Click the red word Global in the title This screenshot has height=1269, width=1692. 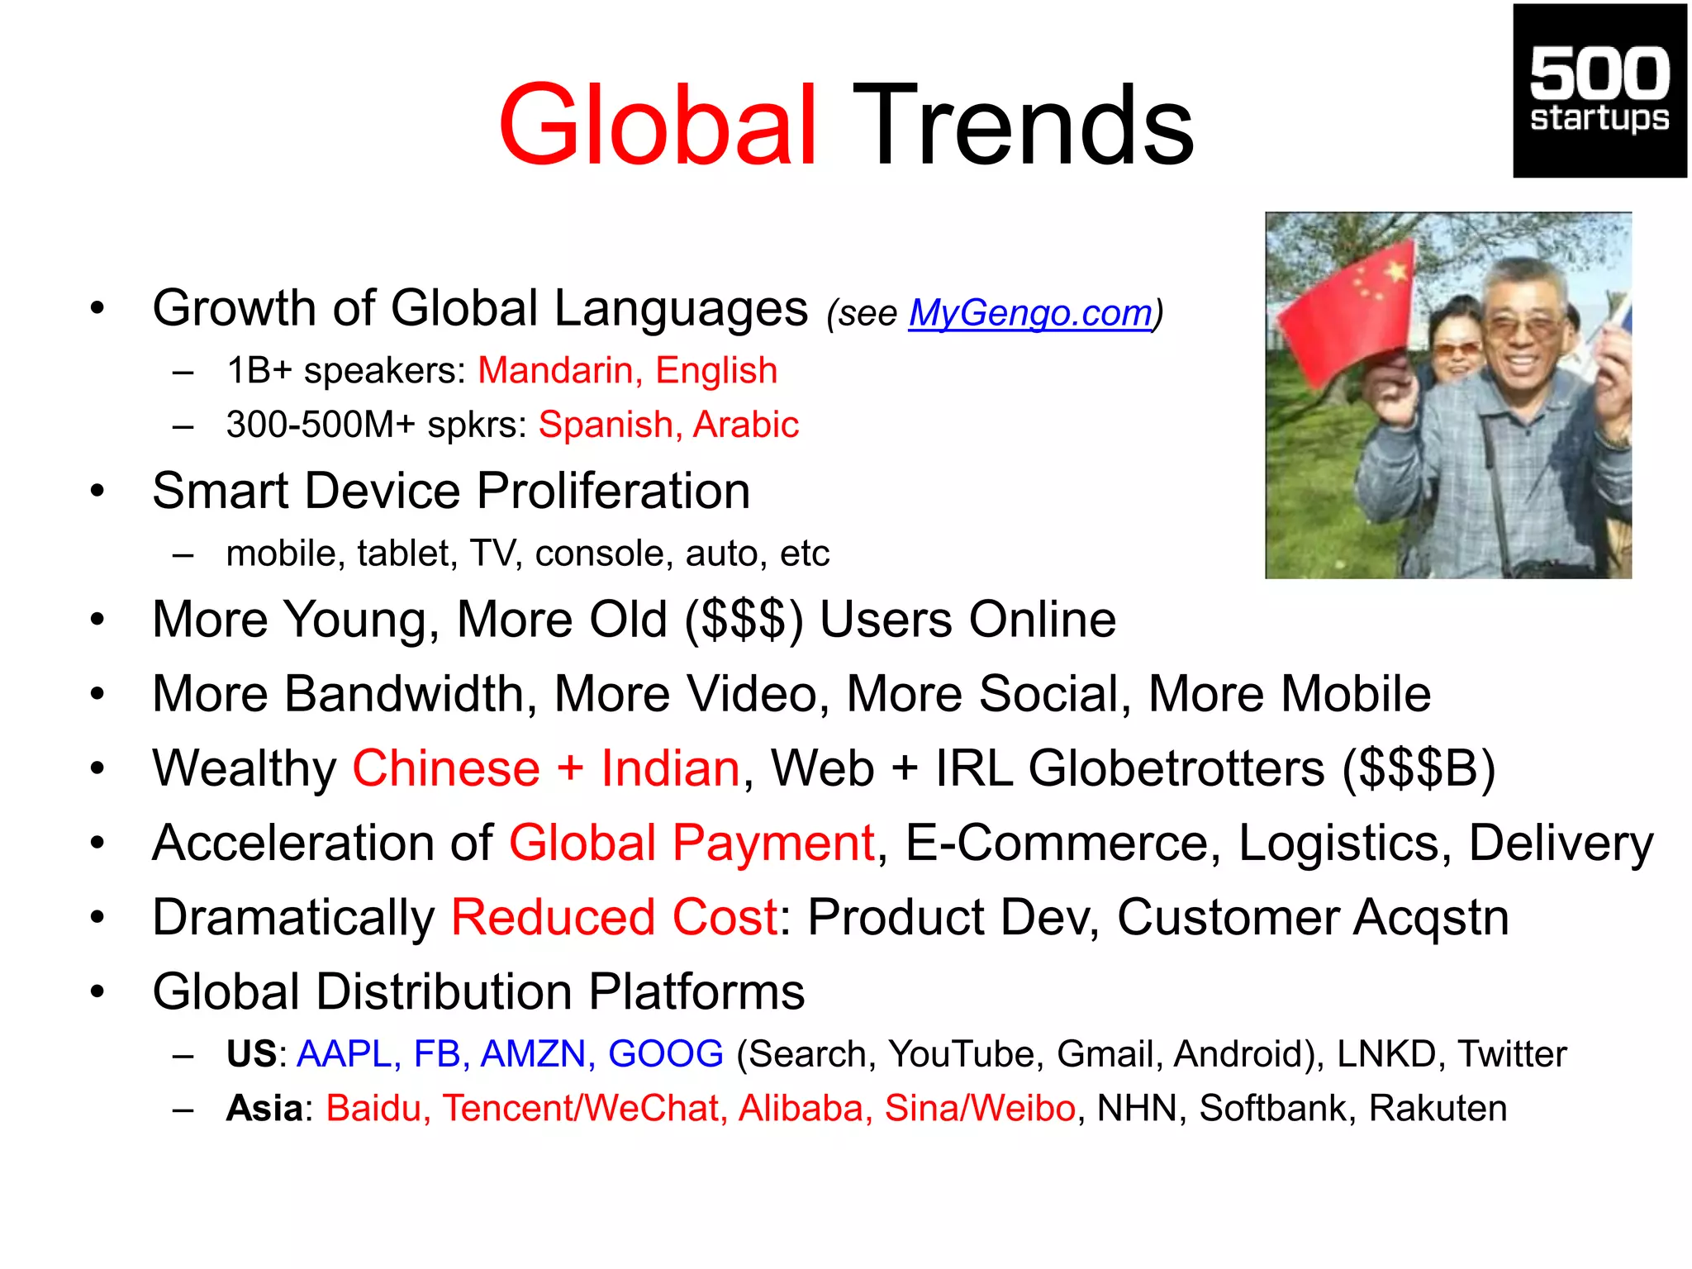pos(657,126)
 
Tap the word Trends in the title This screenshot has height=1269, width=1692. pos(1023,126)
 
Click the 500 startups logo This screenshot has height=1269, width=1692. pos(1599,91)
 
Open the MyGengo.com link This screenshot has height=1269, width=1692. pos(1030,313)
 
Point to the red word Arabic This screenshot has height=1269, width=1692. pos(745,425)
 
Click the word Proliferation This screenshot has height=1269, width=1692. pos(614,491)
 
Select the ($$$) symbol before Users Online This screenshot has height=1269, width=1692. pos(744,620)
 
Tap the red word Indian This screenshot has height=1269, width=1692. pos(670,768)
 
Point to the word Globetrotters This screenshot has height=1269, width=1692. pos(1176,768)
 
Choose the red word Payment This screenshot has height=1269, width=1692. pos(773,844)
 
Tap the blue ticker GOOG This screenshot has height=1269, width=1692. pos(665,1054)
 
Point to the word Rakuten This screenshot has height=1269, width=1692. pos(1438,1109)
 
